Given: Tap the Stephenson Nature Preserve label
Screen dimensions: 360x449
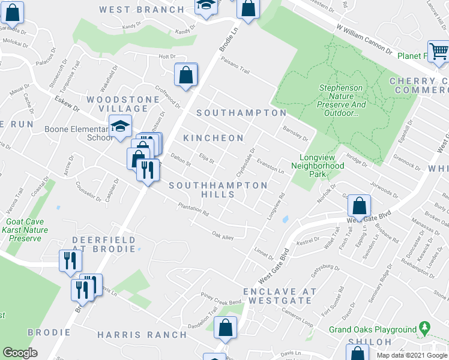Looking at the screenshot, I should pyautogui.click(x=341, y=100).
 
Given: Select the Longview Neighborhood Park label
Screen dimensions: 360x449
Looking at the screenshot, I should pyautogui.click(x=318, y=166).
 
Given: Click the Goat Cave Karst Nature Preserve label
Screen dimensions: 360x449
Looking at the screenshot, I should pyautogui.click(x=25, y=230).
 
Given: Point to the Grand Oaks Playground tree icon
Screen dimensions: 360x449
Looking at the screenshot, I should pyautogui.click(x=425, y=328).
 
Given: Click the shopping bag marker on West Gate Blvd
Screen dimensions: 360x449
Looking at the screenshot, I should pyautogui.click(x=358, y=206).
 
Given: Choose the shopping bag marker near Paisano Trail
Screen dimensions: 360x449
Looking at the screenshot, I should pyautogui.click(x=186, y=75).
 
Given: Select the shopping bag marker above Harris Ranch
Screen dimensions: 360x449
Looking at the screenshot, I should pyautogui.click(x=225, y=328).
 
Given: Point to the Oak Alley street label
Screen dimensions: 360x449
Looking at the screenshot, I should pyautogui.click(x=223, y=236).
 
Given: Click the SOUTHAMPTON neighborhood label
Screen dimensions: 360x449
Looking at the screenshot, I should pyautogui.click(x=241, y=113).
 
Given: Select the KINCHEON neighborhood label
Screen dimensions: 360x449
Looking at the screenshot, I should pyautogui.click(x=213, y=138).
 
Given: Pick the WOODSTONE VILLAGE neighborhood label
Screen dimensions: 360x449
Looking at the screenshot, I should pyautogui.click(x=117, y=104).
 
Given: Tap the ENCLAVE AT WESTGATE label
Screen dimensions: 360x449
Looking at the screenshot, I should pyautogui.click(x=279, y=296).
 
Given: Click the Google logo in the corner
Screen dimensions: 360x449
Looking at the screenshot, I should pyautogui.click(x=20, y=353).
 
